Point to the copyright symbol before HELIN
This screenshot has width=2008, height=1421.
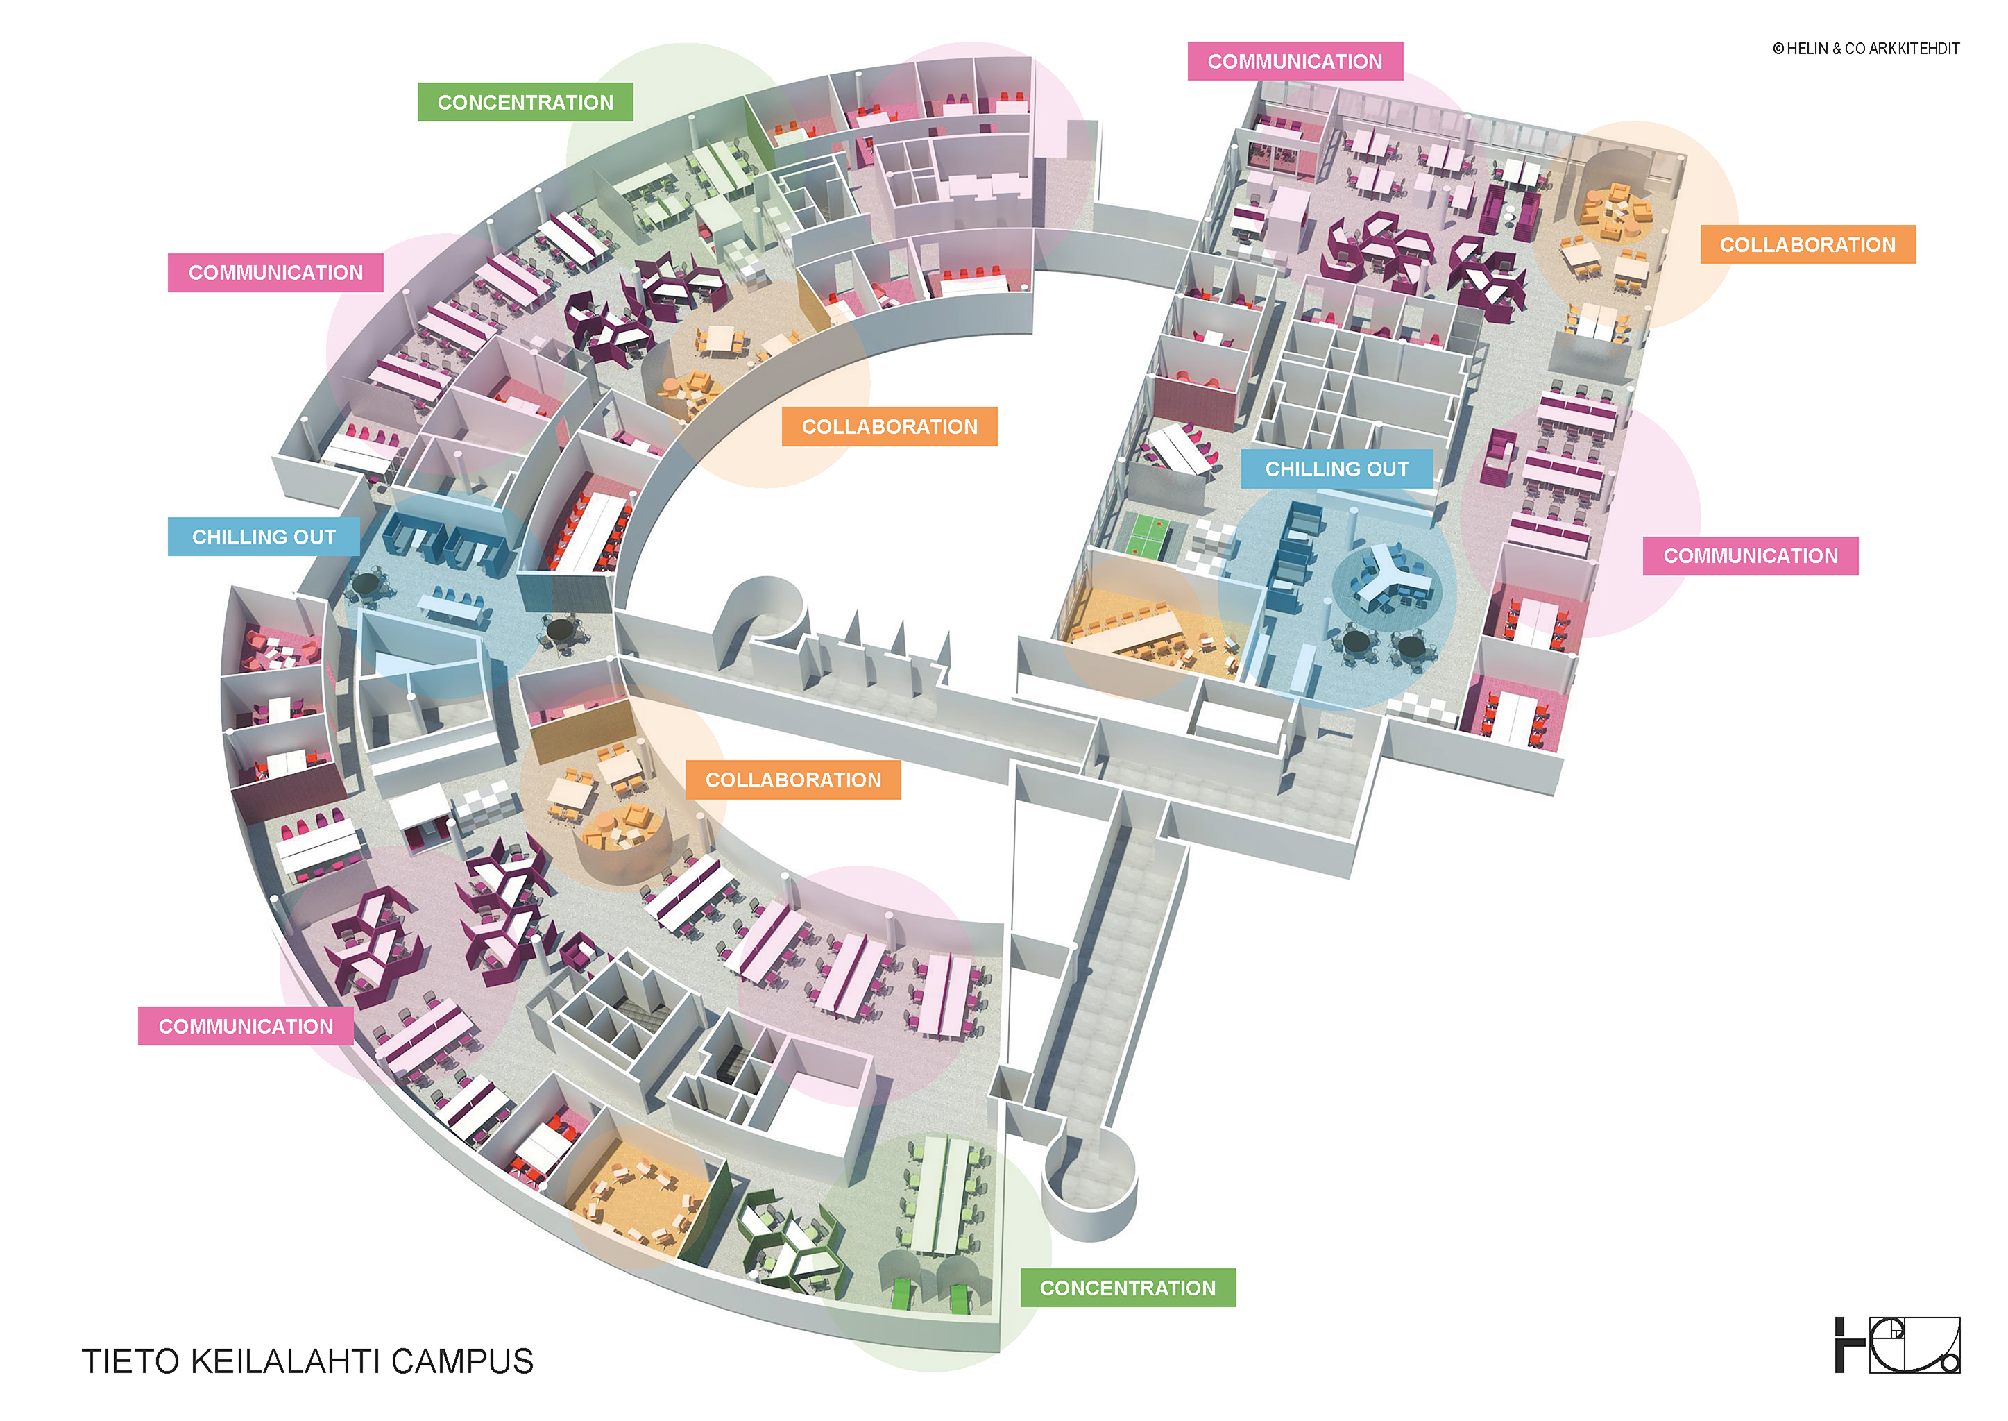click(1778, 49)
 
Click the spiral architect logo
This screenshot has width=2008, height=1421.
click(1897, 1344)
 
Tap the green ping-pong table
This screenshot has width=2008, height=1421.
click(1146, 535)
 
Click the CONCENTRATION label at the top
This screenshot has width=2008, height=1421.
click(525, 102)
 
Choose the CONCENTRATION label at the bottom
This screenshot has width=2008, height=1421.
click(1128, 1288)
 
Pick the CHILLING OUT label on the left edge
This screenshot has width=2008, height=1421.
click(263, 537)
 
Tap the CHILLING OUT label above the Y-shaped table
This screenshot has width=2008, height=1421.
click(1336, 469)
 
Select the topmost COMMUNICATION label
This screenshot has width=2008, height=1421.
click(1294, 61)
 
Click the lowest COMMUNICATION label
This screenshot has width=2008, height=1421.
click(246, 1027)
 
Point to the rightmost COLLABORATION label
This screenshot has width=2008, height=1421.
click(1807, 245)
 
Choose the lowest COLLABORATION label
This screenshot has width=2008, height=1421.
click(792, 780)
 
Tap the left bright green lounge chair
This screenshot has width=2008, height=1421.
click(902, 1291)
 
